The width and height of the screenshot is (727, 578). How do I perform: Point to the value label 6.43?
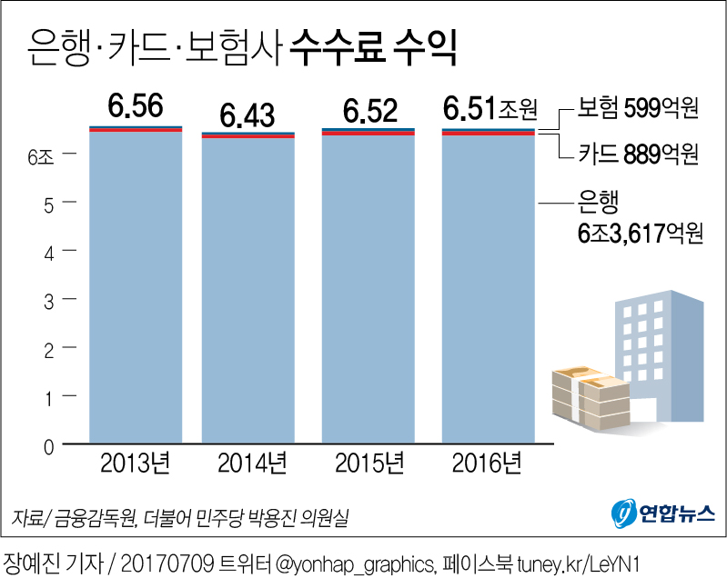coord(247,116)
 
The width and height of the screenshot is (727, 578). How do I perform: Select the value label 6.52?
coord(369,112)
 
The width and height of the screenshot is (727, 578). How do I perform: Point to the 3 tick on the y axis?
coord(48,300)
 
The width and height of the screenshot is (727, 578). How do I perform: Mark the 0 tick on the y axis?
coord(48,445)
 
